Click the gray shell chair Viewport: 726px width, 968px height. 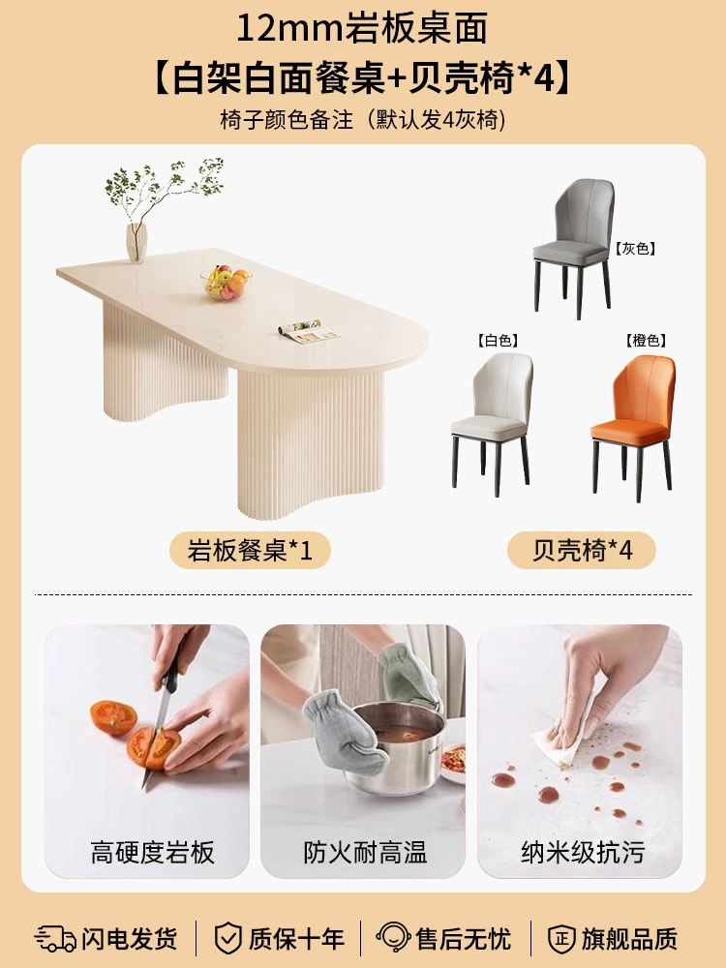tap(573, 247)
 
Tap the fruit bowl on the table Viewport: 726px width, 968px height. tap(226, 284)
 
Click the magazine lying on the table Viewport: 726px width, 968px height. tap(309, 331)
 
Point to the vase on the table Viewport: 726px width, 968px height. tap(136, 243)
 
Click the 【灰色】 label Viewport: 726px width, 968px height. tap(635, 249)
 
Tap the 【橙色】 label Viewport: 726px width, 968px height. tap(646, 340)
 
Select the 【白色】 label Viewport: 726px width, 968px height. tap(498, 340)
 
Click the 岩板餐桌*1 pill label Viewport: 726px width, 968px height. tap(250, 550)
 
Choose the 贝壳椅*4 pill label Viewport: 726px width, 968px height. tap(582, 550)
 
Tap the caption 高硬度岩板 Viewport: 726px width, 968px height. tap(153, 853)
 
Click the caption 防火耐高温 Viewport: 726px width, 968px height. tap(365, 853)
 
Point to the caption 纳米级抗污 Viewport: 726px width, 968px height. tap(582, 853)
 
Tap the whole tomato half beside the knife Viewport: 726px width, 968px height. tap(113, 717)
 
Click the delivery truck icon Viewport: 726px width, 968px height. tap(54, 938)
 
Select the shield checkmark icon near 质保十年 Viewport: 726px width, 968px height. tap(227, 938)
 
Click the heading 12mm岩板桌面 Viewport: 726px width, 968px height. tap(362, 28)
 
